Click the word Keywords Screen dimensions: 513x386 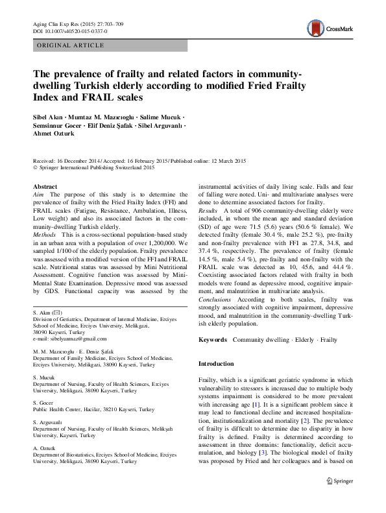pyautogui.click(x=212, y=340)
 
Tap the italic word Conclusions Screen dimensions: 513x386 pyautogui.click(x=215, y=300)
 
